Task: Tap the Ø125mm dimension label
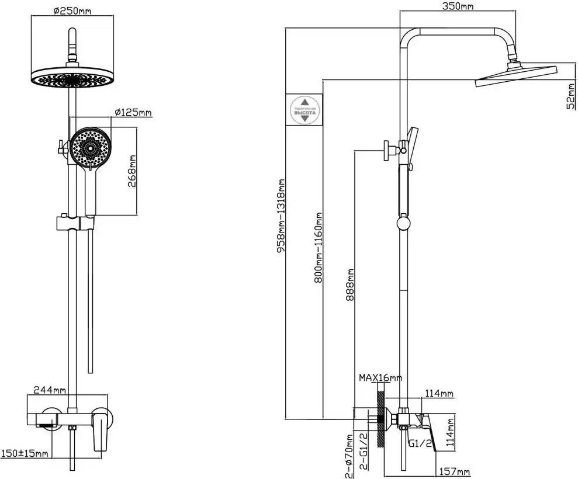tap(133, 112)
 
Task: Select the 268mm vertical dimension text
tap(133, 171)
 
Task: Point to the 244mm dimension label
tap(49, 390)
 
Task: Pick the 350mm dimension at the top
tap(458, 6)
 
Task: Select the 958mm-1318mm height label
tap(281, 216)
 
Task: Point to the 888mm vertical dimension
tap(350, 284)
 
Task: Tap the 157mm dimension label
tap(455, 471)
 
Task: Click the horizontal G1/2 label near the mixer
tap(420, 443)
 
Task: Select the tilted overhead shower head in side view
tap(517, 77)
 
